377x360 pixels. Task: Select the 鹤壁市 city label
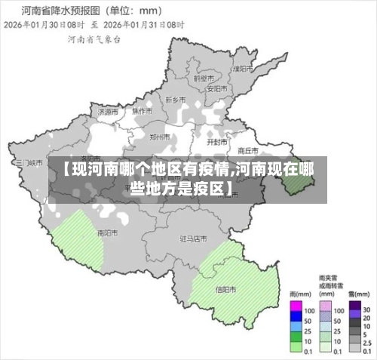204,78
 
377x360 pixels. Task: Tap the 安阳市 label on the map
217,88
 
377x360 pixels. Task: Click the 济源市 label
108,110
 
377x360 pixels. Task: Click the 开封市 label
217,141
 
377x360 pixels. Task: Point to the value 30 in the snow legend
367,310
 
